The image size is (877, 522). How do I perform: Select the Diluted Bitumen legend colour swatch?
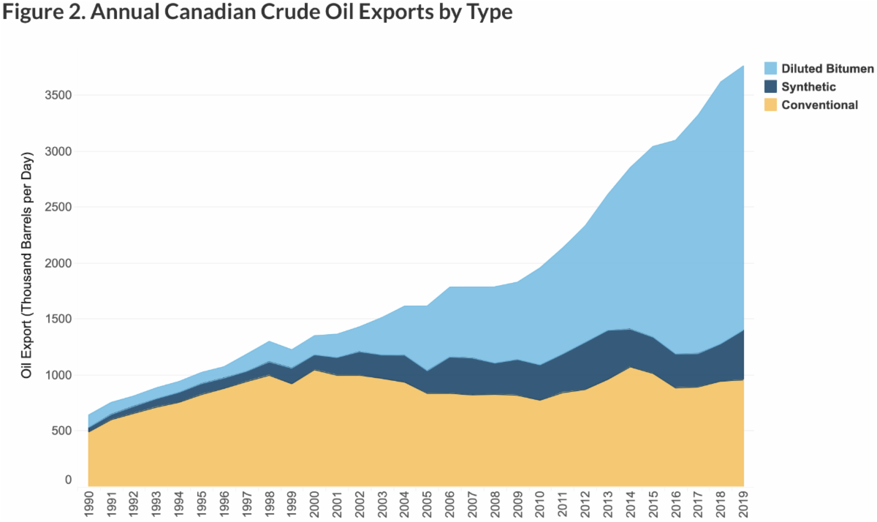point(770,69)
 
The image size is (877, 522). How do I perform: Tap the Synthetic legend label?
point(808,87)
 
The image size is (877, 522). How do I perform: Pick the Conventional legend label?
point(819,105)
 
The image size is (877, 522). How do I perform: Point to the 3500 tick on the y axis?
point(57,96)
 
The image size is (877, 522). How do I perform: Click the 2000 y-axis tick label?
point(57,263)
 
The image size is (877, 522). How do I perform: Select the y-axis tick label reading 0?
point(68,480)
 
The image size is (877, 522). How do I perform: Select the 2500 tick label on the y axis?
point(57,207)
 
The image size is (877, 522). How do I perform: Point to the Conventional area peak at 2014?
point(631,368)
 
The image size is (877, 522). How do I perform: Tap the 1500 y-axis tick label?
point(57,319)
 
